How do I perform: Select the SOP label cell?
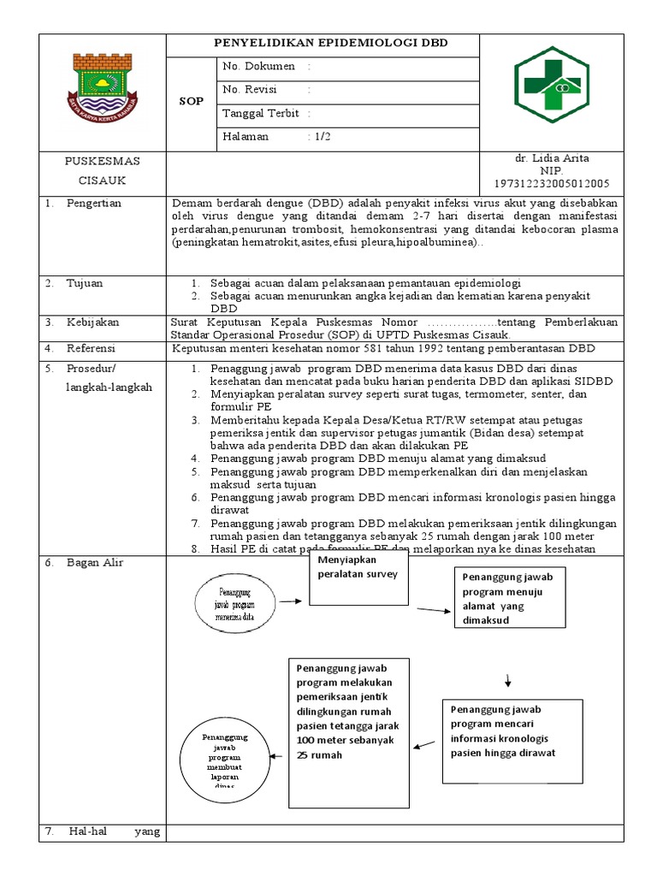click(x=192, y=101)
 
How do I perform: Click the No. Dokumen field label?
click(x=258, y=66)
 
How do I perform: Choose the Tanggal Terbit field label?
click(x=261, y=113)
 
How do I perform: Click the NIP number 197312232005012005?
click(x=551, y=183)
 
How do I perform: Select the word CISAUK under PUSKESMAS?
click(x=103, y=181)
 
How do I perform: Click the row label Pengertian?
click(x=94, y=204)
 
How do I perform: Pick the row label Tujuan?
click(x=86, y=283)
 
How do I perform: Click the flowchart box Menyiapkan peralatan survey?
click(x=358, y=578)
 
